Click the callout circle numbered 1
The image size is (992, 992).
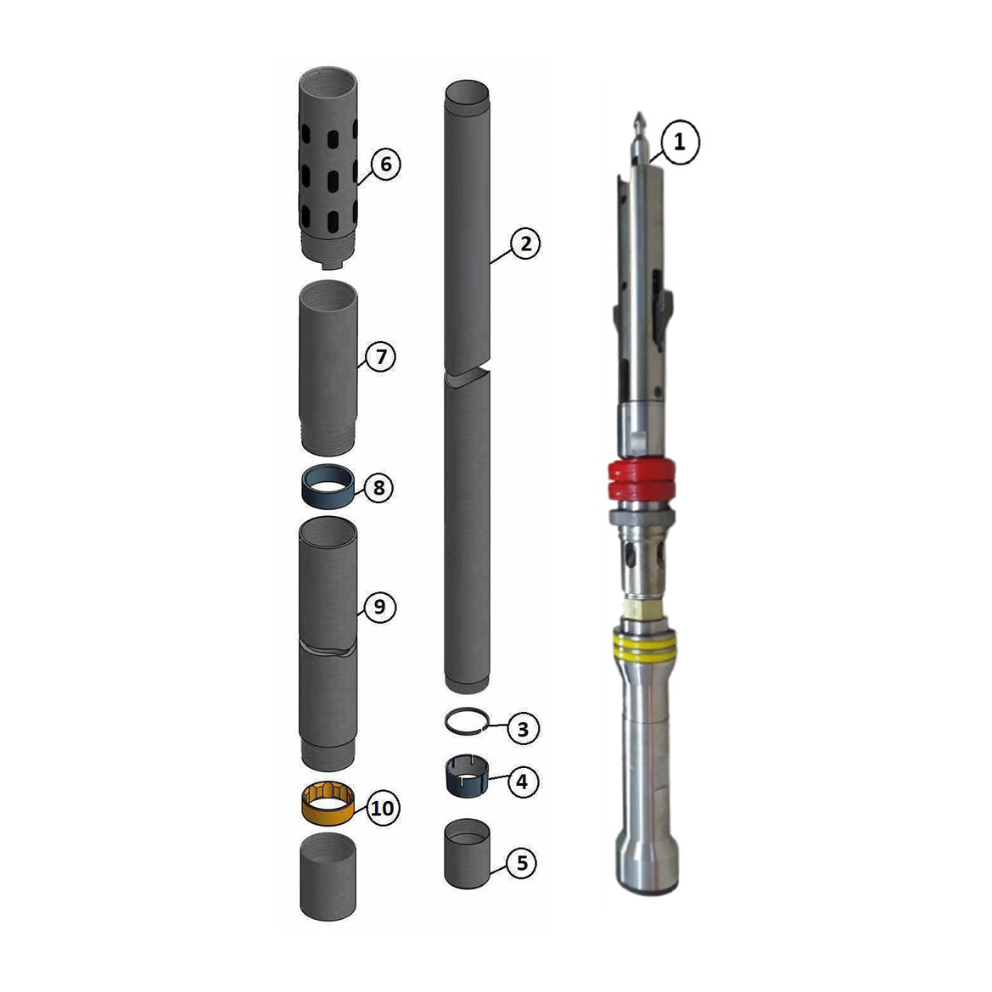[679, 143]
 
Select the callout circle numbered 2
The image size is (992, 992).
[525, 244]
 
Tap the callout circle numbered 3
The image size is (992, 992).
[523, 729]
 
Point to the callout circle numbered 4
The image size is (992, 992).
[522, 781]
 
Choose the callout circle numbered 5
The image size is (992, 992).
[522, 863]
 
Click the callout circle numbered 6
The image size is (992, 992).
[385, 163]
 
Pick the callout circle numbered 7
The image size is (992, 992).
[380, 357]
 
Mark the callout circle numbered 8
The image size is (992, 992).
[378, 489]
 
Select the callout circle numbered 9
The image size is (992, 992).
[379, 607]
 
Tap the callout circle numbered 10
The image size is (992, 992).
[382, 809]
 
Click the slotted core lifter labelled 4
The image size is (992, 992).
[468, 776]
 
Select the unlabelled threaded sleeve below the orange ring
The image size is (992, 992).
[328, 876]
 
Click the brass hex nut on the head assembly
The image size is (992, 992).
[640, 609]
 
